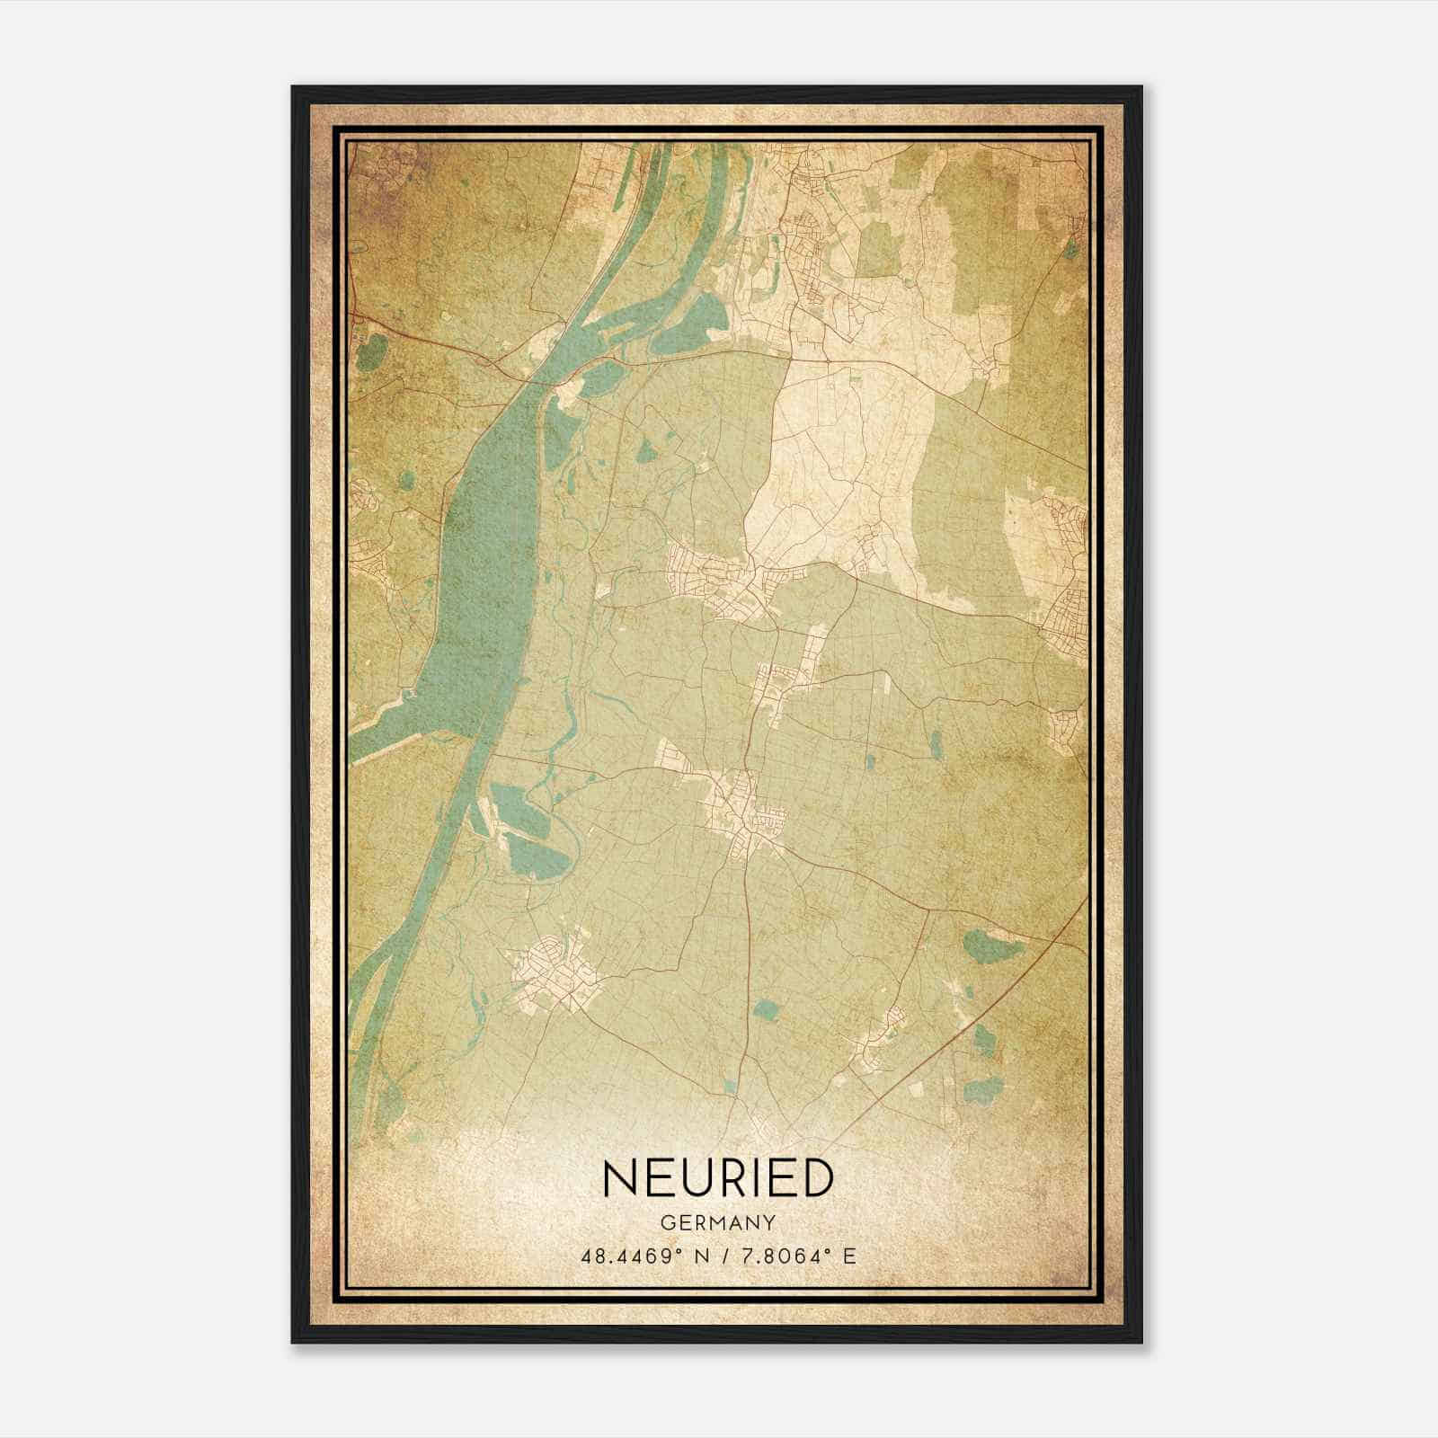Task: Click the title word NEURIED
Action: [x=718, y=1178]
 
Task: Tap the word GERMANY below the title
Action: [x=718, y=1222]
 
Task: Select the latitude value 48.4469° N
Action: [x=646, y=1256]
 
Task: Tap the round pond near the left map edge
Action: [x=369, y=352]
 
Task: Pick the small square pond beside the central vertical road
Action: [x=765, y=1010]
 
